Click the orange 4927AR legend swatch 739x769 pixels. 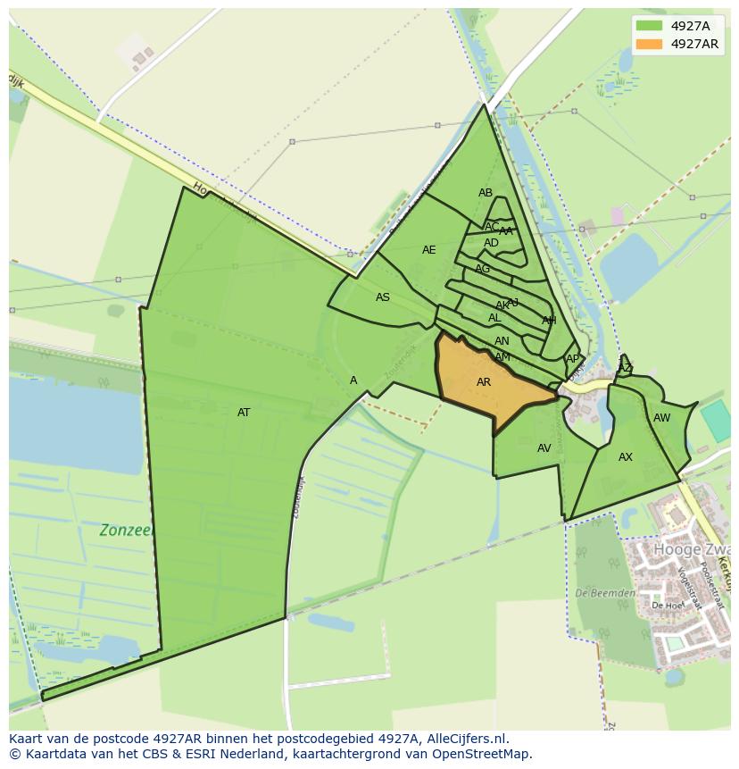(x=650, y=44)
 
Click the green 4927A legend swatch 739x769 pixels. (x=650, y=26)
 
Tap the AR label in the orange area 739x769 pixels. (x=484, y=382)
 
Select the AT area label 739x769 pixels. (x=244, y=413)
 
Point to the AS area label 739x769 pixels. (x=383, y=297)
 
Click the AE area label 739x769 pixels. (x=429, y=250)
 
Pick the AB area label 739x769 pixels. (x=486, y=193)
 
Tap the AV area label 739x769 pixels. (x=544, y=448)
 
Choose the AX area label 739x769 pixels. (x=626, y=457)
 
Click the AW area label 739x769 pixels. (x=661, y=418)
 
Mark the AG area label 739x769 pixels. (x=483, y=269)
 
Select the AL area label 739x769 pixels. (x=494, y=318)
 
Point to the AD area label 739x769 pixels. (x=492, y=243)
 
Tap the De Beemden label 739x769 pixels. (x=605, y=593)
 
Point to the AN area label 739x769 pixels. (x=502, y=341)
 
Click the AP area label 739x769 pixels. (x=572, y=359)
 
